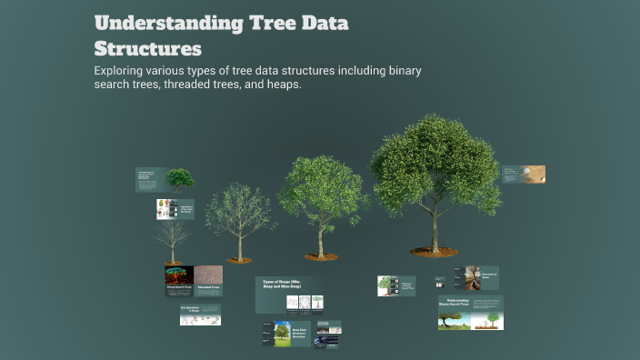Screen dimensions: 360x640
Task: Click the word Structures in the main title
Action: [x=147, y=47]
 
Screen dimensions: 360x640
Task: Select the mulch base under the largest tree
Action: [x=434, y=252]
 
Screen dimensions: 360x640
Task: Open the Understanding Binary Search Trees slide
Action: [x=470, y=312]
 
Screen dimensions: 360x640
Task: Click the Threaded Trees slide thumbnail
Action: [x=208, y=279]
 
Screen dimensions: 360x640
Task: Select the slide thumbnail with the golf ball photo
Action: [x=524, y=174]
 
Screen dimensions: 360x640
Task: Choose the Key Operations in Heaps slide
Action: [x=200, y=315]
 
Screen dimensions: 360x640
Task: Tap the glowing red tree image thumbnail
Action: [x=178, y=276]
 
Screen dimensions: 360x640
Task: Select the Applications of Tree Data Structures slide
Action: [x=175, y=209]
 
